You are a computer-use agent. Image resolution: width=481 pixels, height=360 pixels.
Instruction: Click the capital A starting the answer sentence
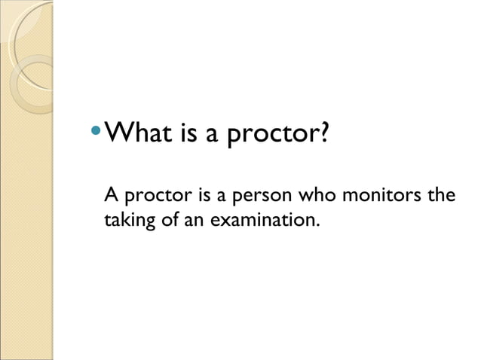(112, 197)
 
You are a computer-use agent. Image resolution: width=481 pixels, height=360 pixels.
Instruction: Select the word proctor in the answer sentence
(152, 199)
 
